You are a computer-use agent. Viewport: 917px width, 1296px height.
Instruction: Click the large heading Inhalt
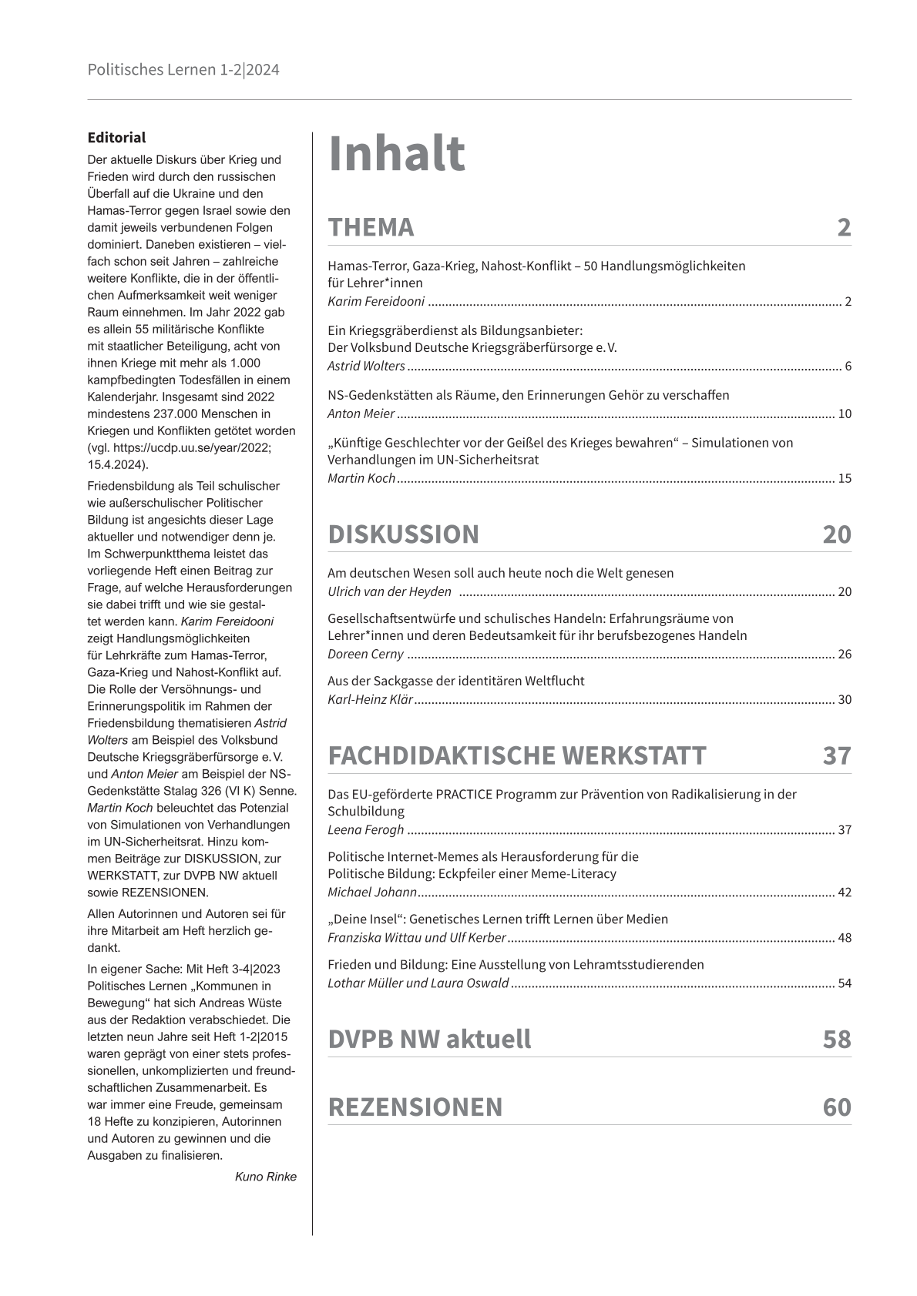pyautogui.click(x=396, y=153)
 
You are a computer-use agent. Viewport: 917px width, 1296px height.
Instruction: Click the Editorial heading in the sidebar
pyautogui.click(x=116, y=138)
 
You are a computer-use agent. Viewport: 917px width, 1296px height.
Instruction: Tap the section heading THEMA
pyautogui.click(x=371, y=227)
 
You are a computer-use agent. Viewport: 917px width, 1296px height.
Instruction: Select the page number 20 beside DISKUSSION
pyautogui.click(x=836, y=534)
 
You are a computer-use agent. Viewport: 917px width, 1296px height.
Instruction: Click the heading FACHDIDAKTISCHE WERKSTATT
pyautogui.click(x=516, y=755)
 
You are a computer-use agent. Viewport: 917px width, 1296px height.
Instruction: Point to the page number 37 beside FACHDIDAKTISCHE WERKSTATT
pyautogui.click(x=836, y=755)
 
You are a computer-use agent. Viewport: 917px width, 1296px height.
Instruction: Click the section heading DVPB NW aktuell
pyautogui.click(x=429, y=1039)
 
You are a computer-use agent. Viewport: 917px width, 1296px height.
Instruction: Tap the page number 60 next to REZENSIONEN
pyautogui.click(x=836, y=1107)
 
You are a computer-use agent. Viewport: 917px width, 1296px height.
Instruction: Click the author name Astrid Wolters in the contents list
pyautogui.click(x=366, y=367)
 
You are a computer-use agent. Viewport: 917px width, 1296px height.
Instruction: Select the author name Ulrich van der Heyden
pyautogui.click(x=389, y=591)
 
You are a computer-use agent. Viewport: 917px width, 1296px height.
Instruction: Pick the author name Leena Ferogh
pyautogui.click(x=365, y=829)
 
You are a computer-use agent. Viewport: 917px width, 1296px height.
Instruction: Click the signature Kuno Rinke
pyautogui.click(x=265, y=1176)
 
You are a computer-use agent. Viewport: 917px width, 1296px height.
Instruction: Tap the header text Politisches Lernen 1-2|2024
pyautogui.click(x=183, y=70)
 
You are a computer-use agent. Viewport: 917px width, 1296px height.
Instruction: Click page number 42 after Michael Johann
pyautogui.click(x=844, y=892)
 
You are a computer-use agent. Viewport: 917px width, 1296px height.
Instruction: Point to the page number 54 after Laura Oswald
pyautogui.click(x=844, y=983)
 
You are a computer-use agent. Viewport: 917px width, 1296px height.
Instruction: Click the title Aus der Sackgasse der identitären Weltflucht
pyautogui.click(x=455, y=681)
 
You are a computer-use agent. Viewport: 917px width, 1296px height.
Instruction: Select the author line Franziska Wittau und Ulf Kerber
pyautogui.click(x=416, y=938)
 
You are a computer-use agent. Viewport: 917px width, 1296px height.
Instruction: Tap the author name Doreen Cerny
pyautogui.click(x=365, y=655)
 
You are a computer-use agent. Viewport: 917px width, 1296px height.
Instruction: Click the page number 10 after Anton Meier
pyautogui.click(x=844, y=414)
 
